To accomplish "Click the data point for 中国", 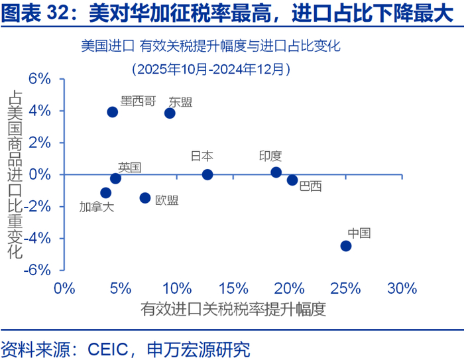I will pyautogui.click(x=345, y=245).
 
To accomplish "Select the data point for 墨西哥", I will pyautogui.click(x=113, y=111).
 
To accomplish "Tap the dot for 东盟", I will pyautogui.click(x=170, y=113).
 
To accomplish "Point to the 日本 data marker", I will pyautogui.click(x=207, y=174).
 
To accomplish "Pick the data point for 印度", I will pyautogui.click(x=276, y=172).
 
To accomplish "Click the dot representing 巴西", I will pyautogui.click(x=292, y=180).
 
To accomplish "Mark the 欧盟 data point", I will pyautogui.click(x=145, y=198).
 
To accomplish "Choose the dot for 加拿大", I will pyautogui.click(x=105, y=193).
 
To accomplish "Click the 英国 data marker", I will pyautogui.click(x=115, y=178).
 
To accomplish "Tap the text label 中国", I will pyautogui.click(x=359, y=233).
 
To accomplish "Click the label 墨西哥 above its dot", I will pyautogui.click(x=139, y=101).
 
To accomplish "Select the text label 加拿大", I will pyautogui.click(x=97, y=207).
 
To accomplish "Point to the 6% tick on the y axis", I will pyautogui.click(x=40, y=79).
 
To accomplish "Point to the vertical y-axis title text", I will pyautogui.click(x=15, y=174).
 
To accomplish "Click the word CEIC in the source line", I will pyautogui.click(x=108, y=347).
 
